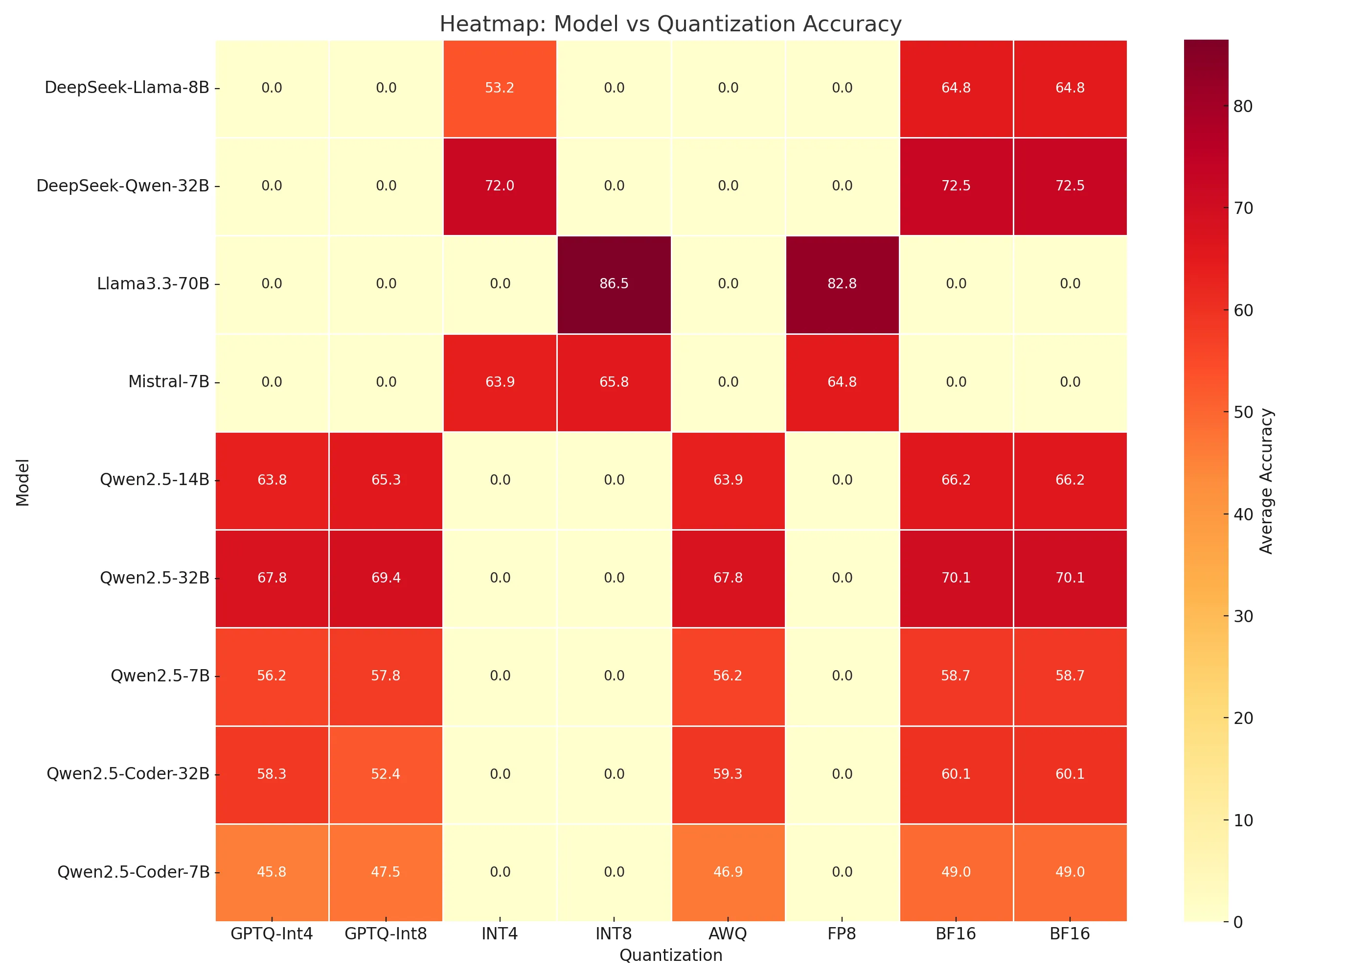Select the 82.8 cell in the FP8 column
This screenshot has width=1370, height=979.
click(x=842, y=283)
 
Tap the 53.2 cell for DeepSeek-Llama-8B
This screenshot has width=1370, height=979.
click(x=500, y=88)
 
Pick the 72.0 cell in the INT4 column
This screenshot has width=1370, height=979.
click(x=500, y=186)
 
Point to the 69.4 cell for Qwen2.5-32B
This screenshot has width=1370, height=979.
click(x=386, y=578)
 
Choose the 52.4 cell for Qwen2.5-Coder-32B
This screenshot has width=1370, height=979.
click(x=386, y=773)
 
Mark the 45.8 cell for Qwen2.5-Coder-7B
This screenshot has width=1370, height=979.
click(x=272, y=872)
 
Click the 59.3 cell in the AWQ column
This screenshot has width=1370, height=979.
click(x=728, y=773)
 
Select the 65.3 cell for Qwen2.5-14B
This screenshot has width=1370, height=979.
click(x=386, y=480)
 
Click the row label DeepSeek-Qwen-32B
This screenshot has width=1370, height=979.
click(x=123, y=186)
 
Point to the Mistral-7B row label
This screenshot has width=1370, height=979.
click(x=169, y=382)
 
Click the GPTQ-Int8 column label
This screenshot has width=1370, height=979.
click(x=386, y=934)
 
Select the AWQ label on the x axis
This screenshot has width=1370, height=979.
click(x=728, y=934)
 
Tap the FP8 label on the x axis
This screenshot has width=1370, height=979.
click(x=842, y=934)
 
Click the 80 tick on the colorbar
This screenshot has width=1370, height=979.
click(x=1243, y=106)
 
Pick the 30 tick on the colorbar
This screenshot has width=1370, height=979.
click(x=1243, y=616)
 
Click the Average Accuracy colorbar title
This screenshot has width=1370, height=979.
click(x=1266, y=481)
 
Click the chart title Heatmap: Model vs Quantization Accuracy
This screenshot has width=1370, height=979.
click(x=670, y=24)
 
